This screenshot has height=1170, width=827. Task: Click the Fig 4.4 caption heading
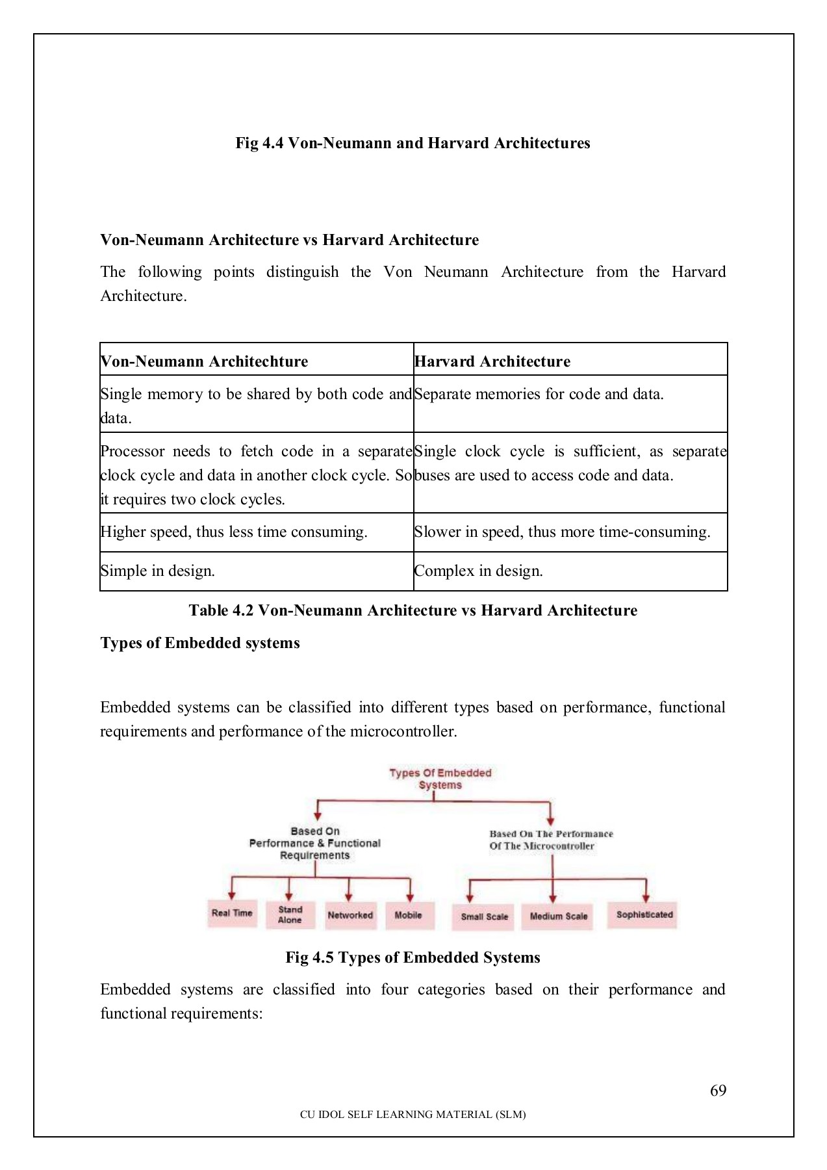coord(413,143)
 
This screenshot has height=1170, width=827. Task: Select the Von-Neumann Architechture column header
coord(204,361)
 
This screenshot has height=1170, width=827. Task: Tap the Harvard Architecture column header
coord(492,361)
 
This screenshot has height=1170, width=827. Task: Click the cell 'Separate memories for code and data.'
coord(539,394)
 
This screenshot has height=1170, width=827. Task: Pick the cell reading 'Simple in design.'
coord(157,571)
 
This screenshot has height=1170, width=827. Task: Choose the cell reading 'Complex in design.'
coord(478,571)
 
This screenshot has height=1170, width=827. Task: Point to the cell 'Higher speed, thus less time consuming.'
coord(234,532)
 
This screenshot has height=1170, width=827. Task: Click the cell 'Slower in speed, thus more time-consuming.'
coord(562,532)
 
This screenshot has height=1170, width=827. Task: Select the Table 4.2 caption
coord(413,610)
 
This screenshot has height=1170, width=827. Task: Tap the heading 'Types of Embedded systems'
coord(200,643)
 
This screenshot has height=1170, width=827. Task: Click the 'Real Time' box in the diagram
coord(232,913)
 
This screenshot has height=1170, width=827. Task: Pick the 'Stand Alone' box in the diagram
coord(290,915)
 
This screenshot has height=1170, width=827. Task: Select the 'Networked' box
coord(350,915)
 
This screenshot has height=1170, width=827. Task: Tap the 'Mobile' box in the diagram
coord(409,915)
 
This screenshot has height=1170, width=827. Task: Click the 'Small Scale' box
coord(484,916)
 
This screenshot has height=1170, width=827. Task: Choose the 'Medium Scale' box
coord(558,916)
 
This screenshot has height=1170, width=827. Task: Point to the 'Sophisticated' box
coord(644,915)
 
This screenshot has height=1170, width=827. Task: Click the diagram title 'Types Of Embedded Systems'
coord(440,779)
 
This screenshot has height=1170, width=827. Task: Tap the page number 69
coord(718,1091)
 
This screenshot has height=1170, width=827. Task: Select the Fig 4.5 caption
coord(413,957)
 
